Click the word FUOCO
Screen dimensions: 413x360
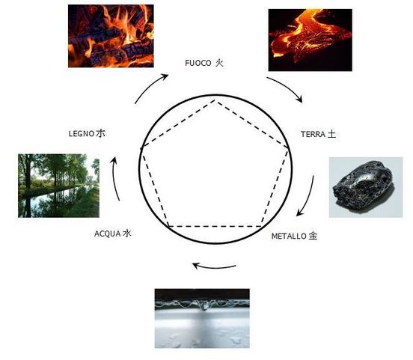tap(198, 64)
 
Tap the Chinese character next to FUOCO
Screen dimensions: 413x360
tap(219, 63)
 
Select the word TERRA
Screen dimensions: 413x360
tap(313, 135)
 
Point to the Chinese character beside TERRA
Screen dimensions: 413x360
tap(331, 134)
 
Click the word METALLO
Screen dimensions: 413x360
tap(289, 237)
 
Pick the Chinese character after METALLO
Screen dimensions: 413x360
tap(313, 236)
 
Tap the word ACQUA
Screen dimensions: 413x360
tap(108, 234)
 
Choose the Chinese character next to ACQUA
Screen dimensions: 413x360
tap(127, 234)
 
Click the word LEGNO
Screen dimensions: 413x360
tap(82, 134)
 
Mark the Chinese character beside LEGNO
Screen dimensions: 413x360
tap(100, 133)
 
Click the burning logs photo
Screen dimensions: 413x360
tap(111, 36)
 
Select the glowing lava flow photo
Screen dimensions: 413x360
tap(310, 40)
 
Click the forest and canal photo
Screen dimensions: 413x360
tap(59, 186)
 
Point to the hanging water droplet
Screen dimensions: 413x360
tap(204, 305)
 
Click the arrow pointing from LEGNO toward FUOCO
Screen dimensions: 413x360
tap(148, 86)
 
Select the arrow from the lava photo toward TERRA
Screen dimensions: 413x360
tap(287, 87)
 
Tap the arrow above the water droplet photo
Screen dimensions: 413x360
tap(214, 267)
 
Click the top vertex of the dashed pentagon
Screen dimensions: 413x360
tap(215, 100)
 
